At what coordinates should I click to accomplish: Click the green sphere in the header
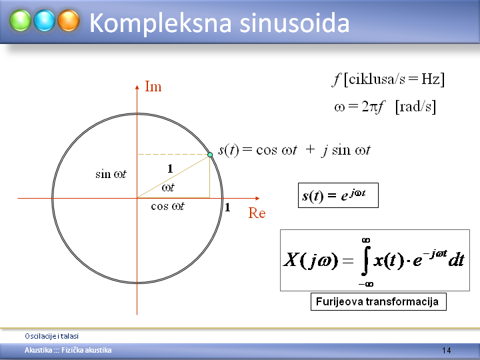20,21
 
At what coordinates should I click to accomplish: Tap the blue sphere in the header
45,21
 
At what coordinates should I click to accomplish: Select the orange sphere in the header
69,21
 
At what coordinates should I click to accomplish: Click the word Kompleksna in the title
160,23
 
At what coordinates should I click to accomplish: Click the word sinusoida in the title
294,23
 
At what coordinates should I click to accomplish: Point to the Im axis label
153,86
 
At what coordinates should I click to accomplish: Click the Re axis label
257,213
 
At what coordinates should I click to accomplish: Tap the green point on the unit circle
210,155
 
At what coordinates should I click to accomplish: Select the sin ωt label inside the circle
111,174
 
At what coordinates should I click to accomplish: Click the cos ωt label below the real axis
168,206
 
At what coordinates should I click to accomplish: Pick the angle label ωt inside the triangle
168,187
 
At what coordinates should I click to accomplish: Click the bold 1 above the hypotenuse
170,169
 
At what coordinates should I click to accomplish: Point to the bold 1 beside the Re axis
227,207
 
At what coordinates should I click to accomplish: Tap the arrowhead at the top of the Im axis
137,87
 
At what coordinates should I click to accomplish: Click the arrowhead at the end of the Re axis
257,199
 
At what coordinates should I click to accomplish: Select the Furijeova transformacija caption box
379,301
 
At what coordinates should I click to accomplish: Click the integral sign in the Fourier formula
365,261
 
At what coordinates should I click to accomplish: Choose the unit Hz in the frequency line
431,79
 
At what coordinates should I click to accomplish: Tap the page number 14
446,351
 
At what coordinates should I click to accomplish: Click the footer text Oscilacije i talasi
52,336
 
